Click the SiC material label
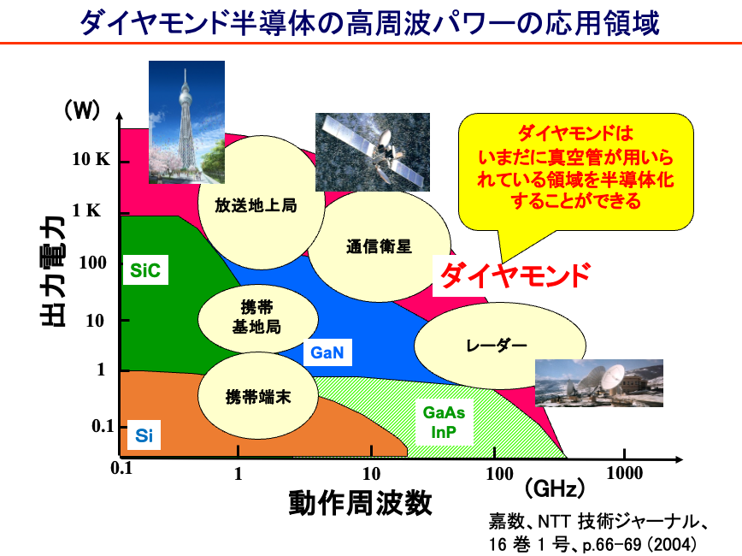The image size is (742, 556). coord(145,270)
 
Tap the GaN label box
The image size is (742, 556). coord(327,352)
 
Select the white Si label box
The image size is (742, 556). coord(144,435)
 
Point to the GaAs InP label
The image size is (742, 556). coord(444,422)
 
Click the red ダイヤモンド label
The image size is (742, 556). coord(515,275)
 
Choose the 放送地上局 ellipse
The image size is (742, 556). coord(261,203)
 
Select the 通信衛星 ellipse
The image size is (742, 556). coord(379,245)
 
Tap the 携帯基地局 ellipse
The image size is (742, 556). coord(258,318)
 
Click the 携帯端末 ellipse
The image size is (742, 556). coord(258,396)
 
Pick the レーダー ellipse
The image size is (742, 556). coord(500,346)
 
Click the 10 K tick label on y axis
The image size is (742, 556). coord(91,160)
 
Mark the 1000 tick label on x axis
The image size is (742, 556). coord(625,473)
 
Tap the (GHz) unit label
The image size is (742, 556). coord(555,488)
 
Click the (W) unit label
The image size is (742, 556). coord(82,109)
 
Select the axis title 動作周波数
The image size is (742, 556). coord(360,503)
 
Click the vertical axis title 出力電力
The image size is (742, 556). coord(53,271)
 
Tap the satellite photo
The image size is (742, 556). coord(373,152)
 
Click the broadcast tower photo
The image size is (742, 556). coord(186,122)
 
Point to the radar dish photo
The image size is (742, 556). coord(599,383)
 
